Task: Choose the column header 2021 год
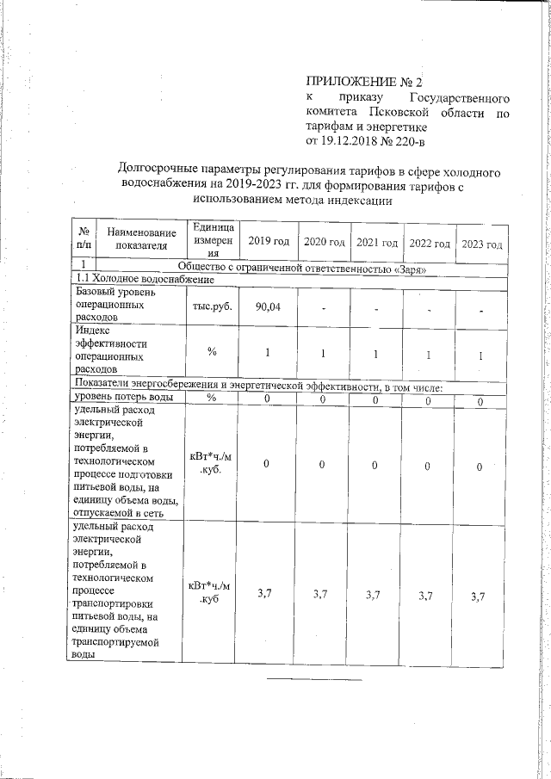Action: pyautogui.click(x=376, y=244)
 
